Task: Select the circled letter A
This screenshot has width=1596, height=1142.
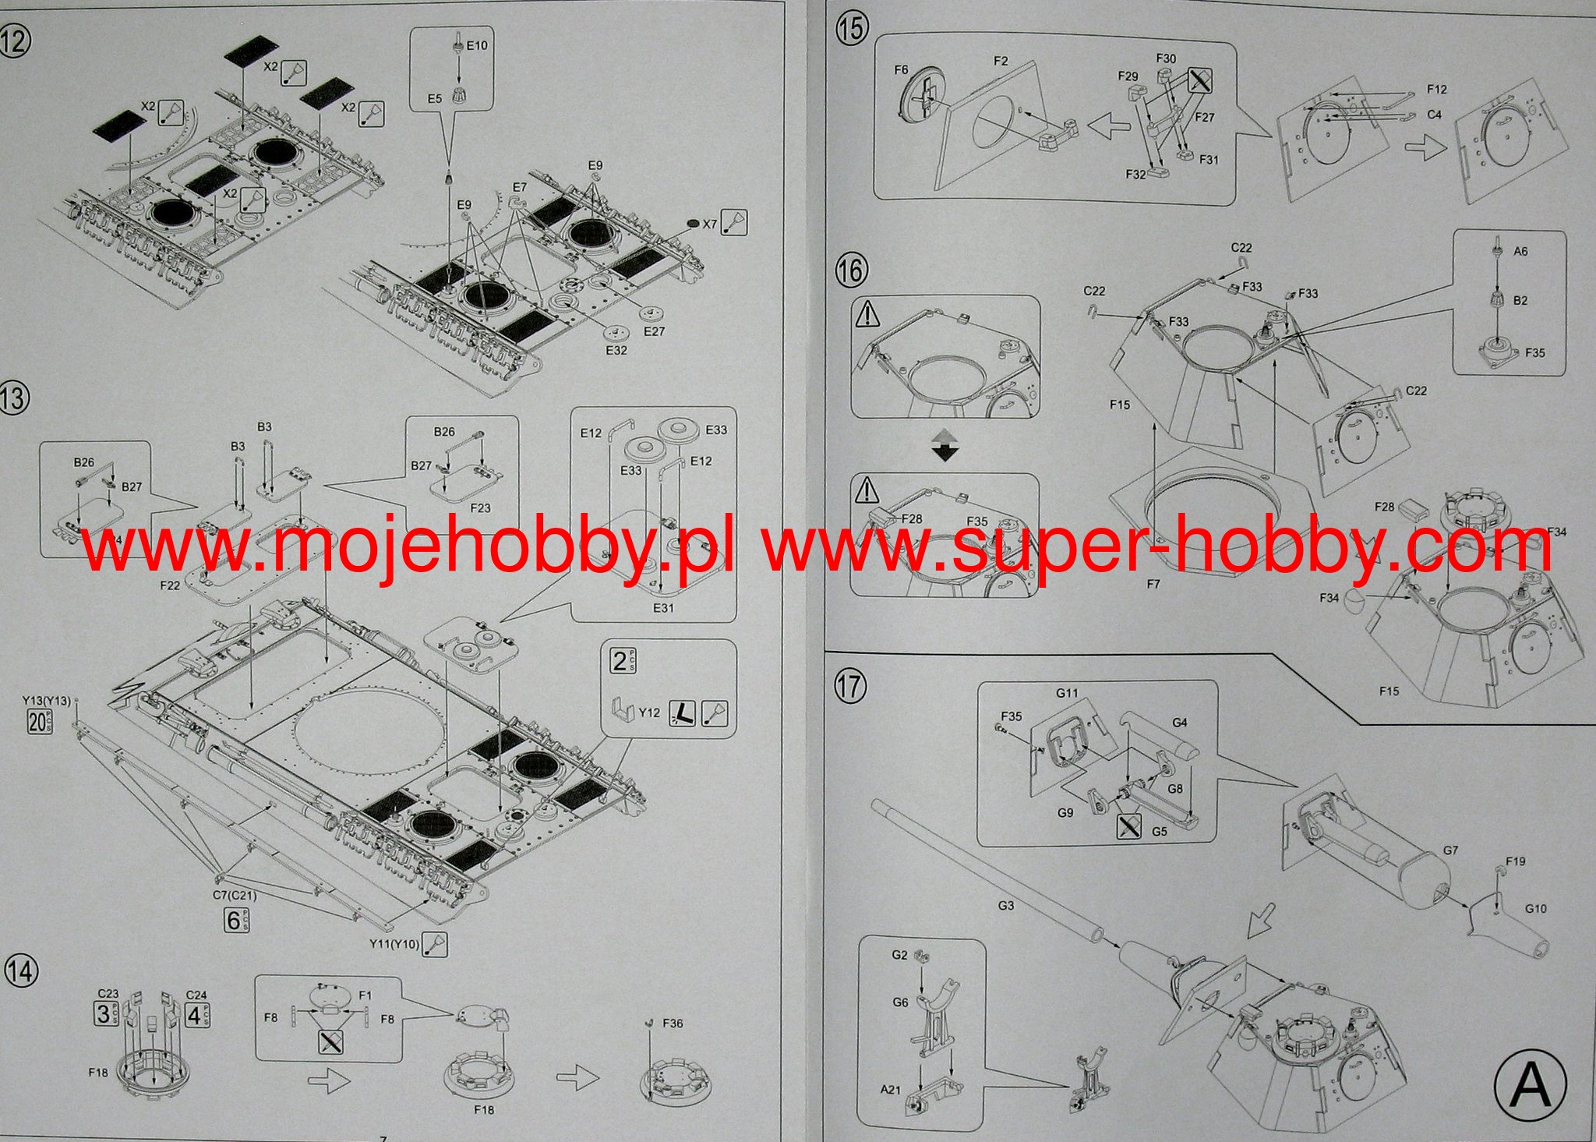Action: (x=1530, y=1084)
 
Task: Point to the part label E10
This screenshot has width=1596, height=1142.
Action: (x=476, y=46)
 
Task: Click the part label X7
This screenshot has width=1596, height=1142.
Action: (x=709, y=225)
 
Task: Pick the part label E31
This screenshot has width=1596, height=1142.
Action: (x=663, y=608)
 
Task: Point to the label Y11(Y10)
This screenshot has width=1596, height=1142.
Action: (x=394, y=945)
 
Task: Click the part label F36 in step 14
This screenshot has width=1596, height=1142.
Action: (x=672, y=1023)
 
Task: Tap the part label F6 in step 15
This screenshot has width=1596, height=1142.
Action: (x=901, y=70)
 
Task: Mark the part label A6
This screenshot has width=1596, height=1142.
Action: (x=1520, y=252)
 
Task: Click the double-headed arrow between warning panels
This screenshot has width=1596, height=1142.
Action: (x=945, y=445)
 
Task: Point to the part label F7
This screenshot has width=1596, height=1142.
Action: (x=1153, y=583)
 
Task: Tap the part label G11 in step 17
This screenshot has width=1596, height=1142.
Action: (x=1067, y=693)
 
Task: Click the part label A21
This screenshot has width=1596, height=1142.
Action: (x=890, y=1090)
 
